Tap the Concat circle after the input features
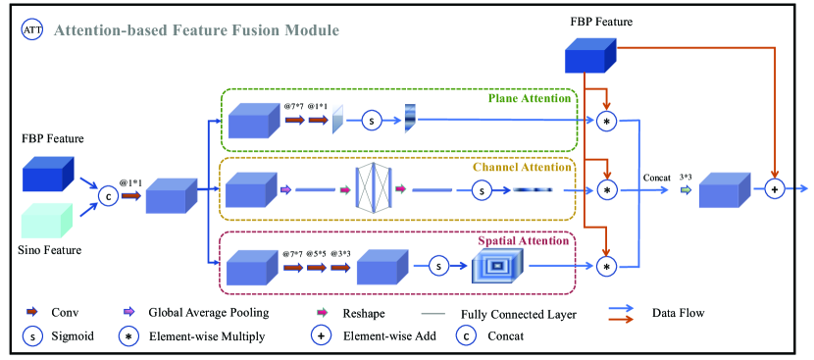tap(108, 196)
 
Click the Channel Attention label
tap(522, 167)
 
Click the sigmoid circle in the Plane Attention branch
tap(371, 121)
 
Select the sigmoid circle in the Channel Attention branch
tap(482, 191)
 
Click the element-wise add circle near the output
tap(775, 190)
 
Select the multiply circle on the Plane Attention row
tap(607, 121)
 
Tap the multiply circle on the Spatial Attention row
tap(607, 265)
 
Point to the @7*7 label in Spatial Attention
tap(290, 252)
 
